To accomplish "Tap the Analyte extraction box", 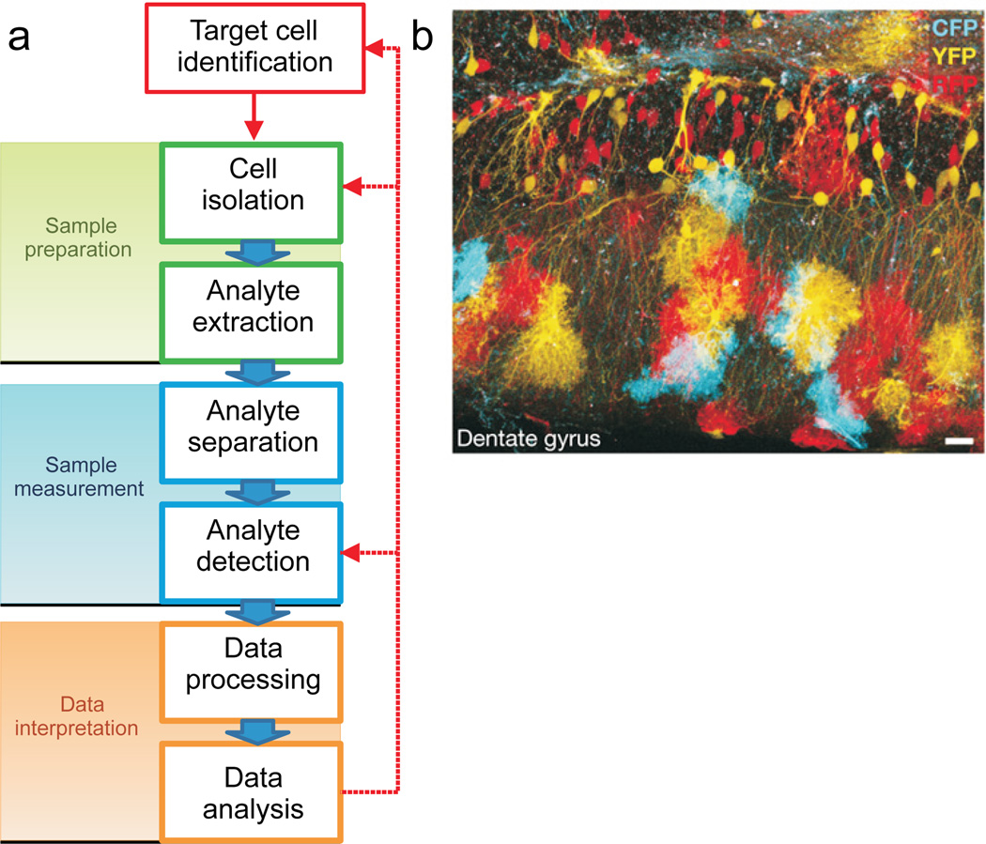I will pos(253,307).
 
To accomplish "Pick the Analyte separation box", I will pos(253,426).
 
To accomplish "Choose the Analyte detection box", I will pos(253,546).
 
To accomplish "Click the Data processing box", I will pos(253,665).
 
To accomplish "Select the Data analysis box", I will pos(253,791).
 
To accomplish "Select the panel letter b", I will pos(424,38).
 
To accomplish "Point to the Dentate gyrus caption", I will pos(529,437).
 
